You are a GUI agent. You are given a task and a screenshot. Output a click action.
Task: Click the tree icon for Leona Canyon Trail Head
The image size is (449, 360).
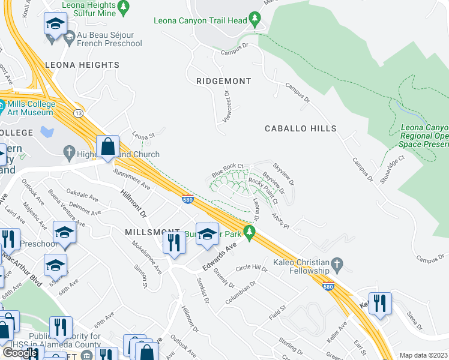tap(256, 20)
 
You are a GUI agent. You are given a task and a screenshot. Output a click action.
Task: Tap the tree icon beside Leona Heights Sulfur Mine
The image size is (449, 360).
tap(124, 8)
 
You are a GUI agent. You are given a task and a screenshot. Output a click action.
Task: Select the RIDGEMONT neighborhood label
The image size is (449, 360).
tap(224, 80)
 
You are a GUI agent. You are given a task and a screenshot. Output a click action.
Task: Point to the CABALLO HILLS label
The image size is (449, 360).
tap(301, 129)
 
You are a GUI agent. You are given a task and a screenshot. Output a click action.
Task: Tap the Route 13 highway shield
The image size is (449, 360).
tap(78, 113)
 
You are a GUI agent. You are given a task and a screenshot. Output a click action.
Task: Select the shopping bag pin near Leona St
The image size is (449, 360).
tap(108, 146)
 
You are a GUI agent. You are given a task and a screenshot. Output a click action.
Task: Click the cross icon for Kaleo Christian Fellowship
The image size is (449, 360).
tap(337, 263)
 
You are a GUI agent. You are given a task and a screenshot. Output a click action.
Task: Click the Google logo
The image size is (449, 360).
tap(20, 353)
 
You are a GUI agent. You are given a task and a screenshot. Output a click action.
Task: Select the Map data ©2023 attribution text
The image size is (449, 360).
tap(424, 355)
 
